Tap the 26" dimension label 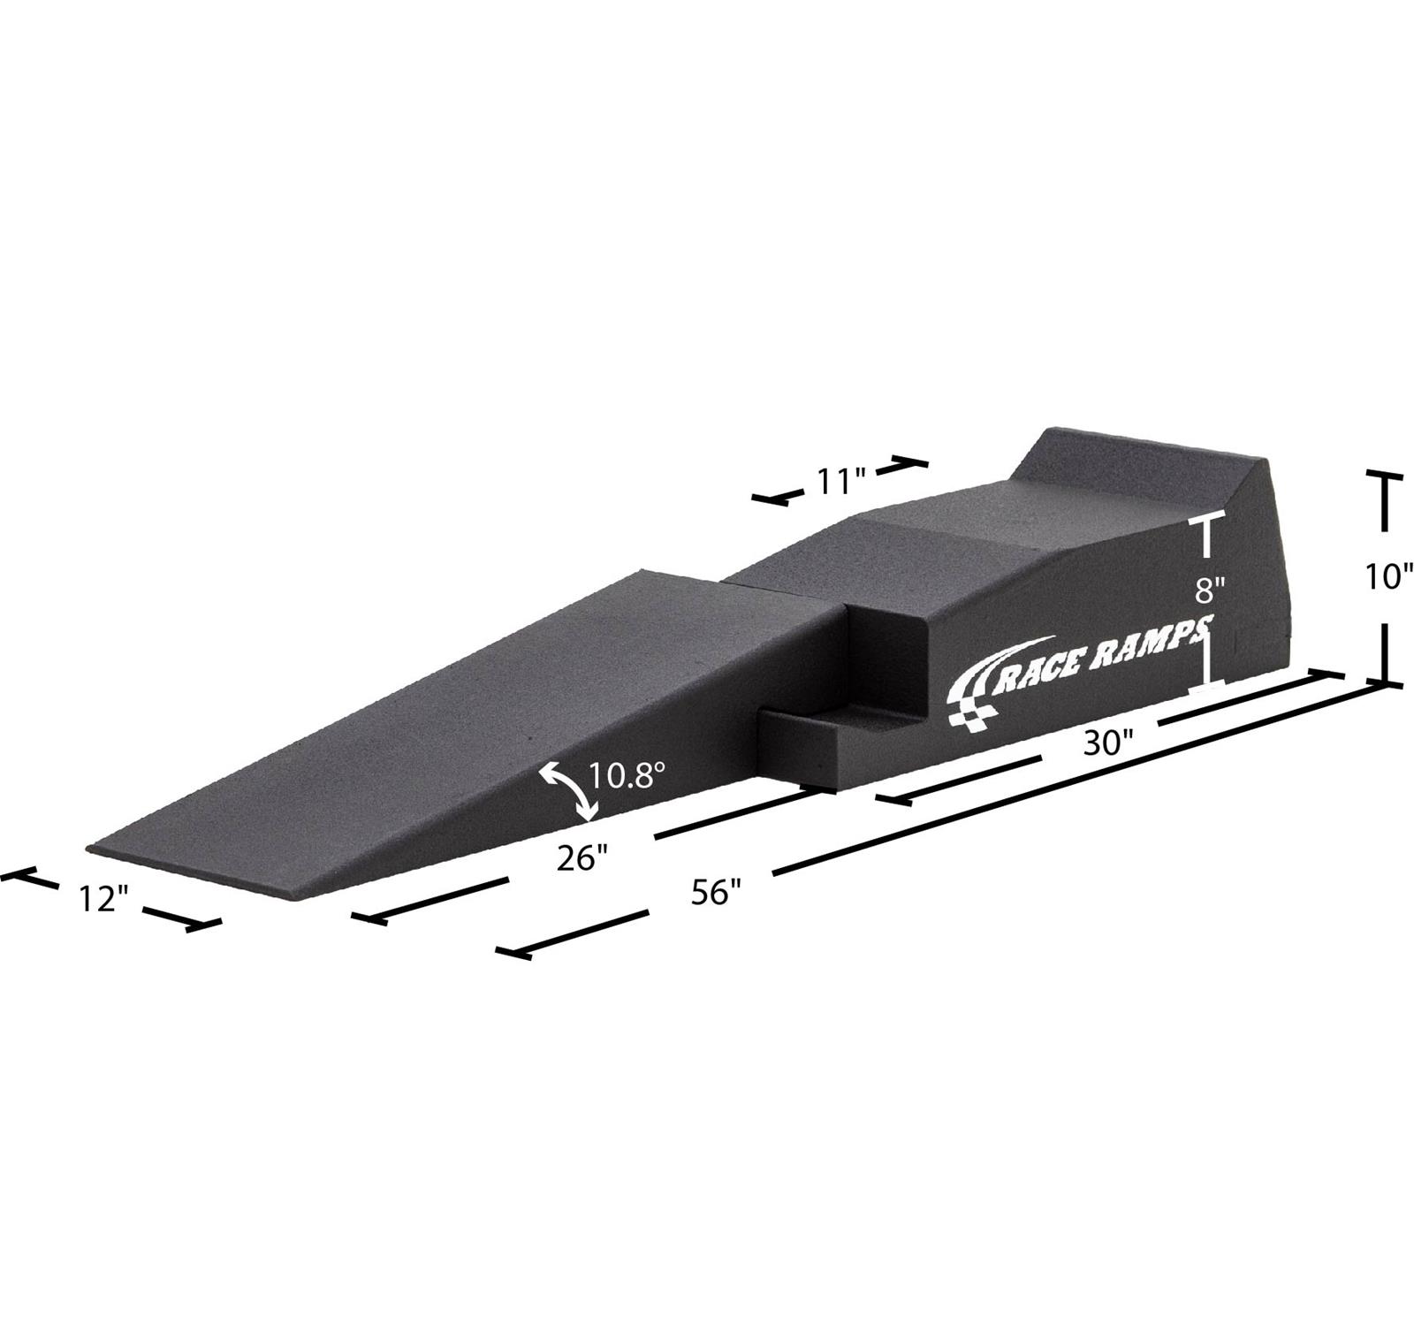[582, 857]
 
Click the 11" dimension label [839, 482]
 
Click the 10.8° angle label [627, 776]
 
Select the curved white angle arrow [568, 790]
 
